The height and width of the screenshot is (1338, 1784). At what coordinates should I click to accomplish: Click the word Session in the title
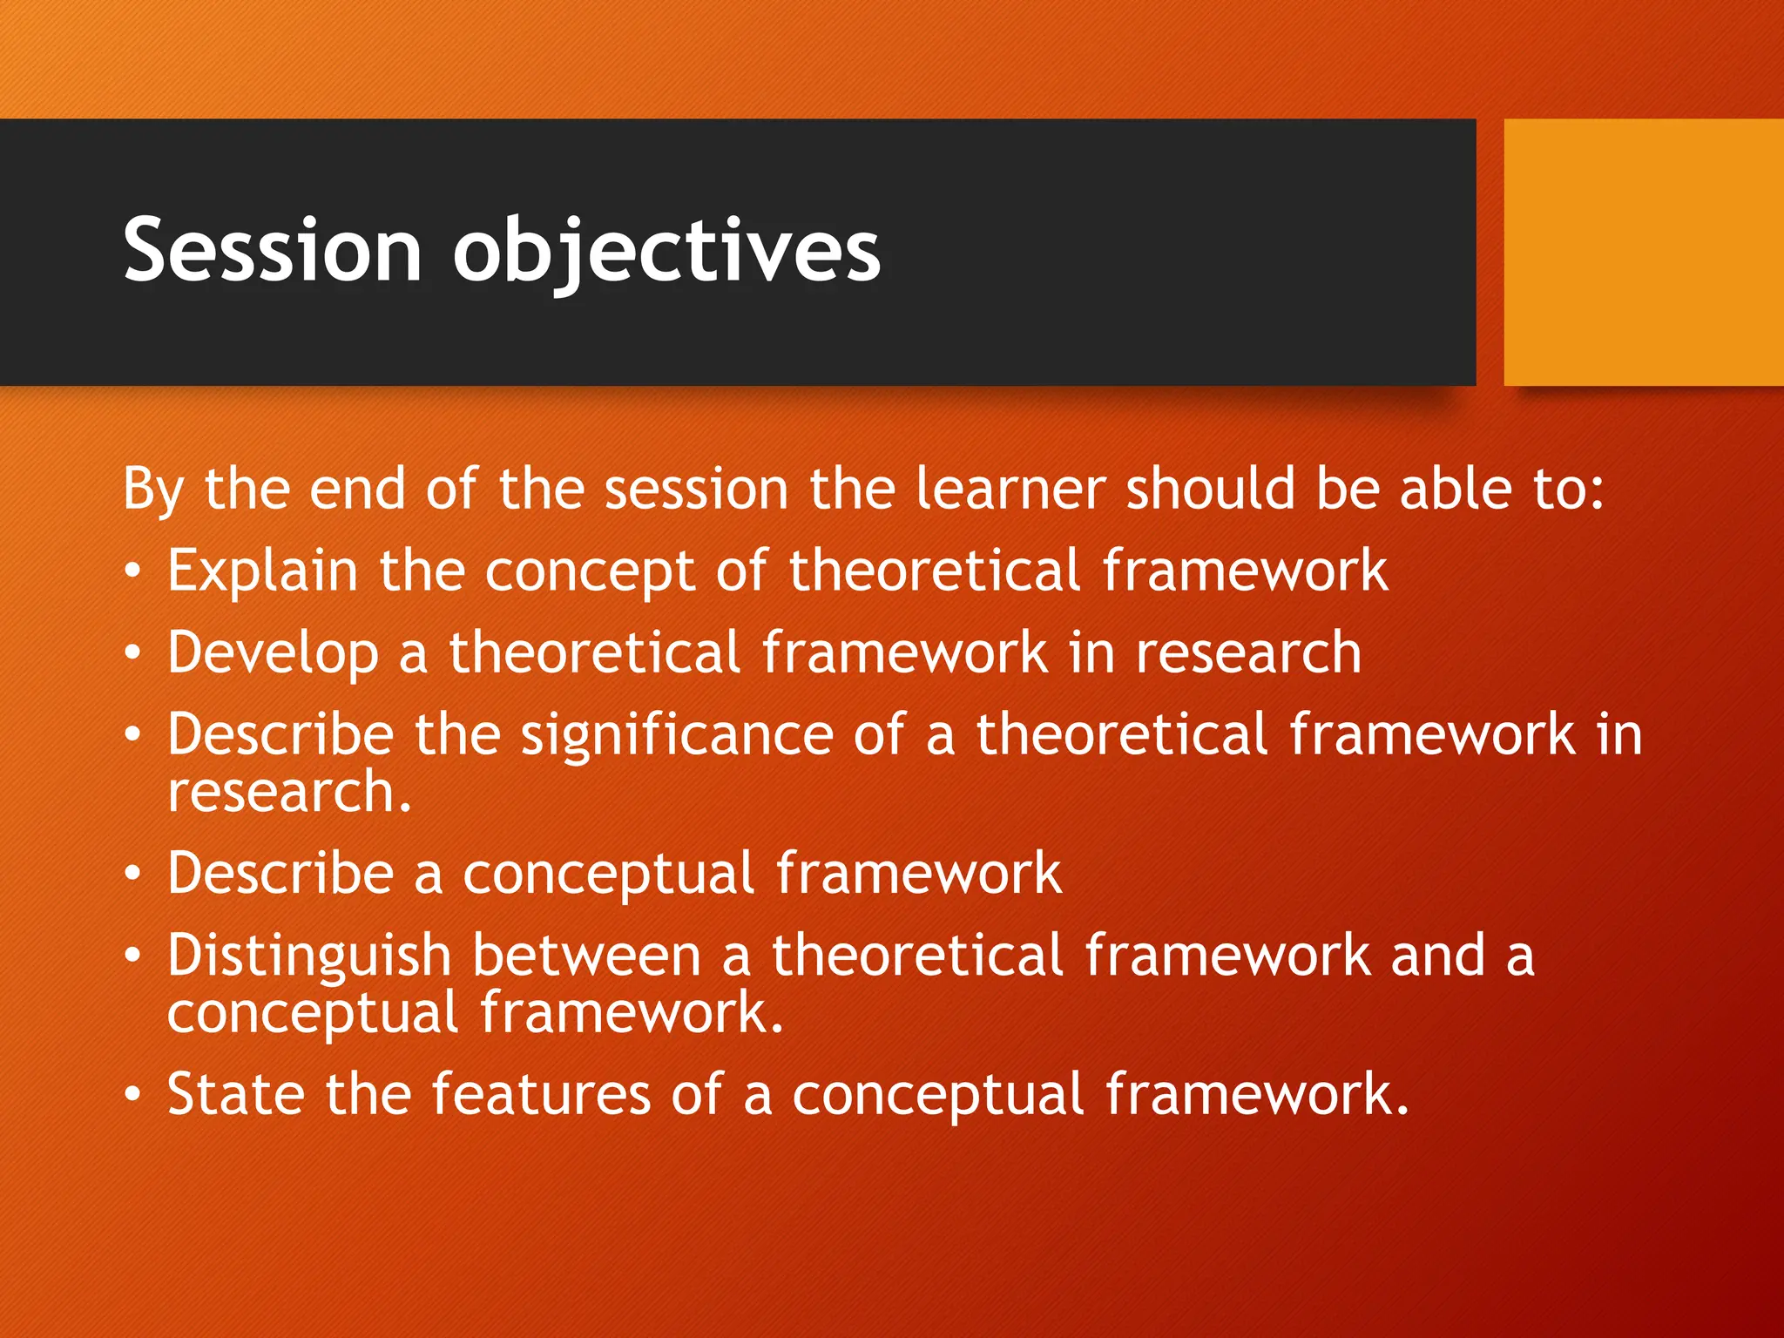click(x=273, y=251)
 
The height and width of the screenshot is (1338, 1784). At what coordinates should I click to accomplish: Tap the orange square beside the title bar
click(x=1643, y=252)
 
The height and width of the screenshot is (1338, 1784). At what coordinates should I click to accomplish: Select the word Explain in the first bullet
click(x=262, y=572)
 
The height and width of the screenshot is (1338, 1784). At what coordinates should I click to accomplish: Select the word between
click(x=586, y=956)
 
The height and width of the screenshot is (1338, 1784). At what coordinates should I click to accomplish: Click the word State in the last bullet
click(x=235, y=1094)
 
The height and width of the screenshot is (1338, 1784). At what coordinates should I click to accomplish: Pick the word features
click(x=540, y=1094)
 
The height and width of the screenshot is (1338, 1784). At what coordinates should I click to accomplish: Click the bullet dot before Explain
click(x=132, y=572)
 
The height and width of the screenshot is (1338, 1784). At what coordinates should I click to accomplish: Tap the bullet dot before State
click(x=132, y=1094)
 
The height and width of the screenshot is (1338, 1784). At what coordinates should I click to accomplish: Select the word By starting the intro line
click(x=152, y=490)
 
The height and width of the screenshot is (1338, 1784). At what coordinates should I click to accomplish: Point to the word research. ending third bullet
click(x=288, y=794)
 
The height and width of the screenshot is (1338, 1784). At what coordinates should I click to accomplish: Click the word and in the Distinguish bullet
click(x=1438, y=956)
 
